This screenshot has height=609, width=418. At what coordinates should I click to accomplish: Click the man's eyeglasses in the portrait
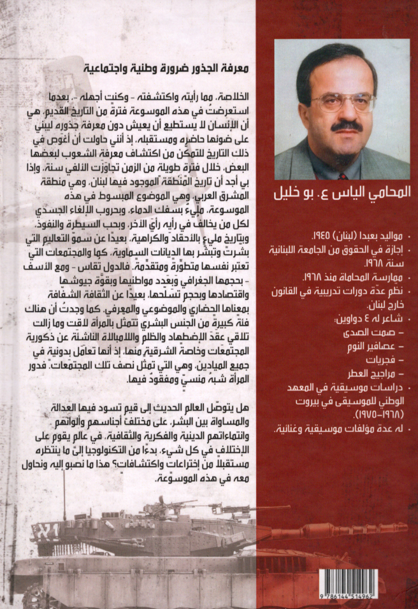coord(343,102)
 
